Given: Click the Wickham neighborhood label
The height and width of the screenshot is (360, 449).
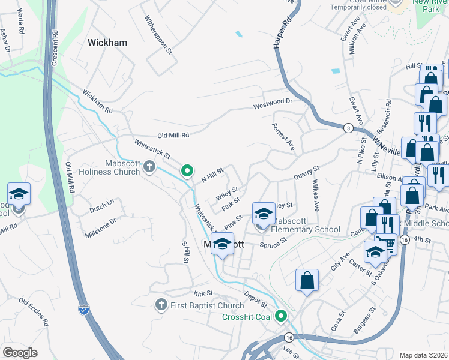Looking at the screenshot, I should point(107,43).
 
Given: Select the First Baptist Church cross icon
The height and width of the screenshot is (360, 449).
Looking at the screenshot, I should point(161,305).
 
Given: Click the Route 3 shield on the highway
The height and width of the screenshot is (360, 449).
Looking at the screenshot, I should point(348,128).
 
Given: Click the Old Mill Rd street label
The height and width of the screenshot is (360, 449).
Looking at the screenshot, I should point(173,136).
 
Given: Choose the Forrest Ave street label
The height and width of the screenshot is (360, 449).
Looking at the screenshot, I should point(283,137).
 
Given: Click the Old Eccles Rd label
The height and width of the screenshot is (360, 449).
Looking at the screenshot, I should point(31,309).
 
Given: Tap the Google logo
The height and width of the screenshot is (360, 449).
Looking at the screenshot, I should point(20,352).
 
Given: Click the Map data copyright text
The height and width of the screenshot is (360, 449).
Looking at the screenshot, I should point(423,355).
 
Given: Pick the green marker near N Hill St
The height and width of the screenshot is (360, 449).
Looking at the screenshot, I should point(187,171).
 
